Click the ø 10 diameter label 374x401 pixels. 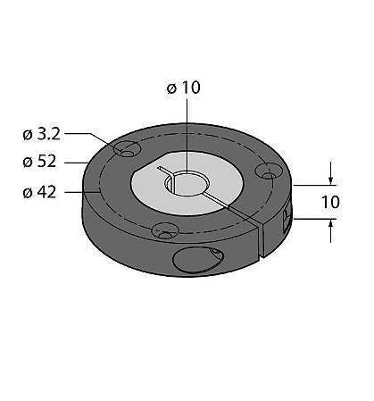185,88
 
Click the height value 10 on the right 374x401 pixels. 329,203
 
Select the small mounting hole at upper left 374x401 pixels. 126,148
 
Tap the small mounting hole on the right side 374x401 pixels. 265,169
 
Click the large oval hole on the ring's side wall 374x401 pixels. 195,262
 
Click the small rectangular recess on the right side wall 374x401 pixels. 286,218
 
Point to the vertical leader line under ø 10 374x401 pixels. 186,134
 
